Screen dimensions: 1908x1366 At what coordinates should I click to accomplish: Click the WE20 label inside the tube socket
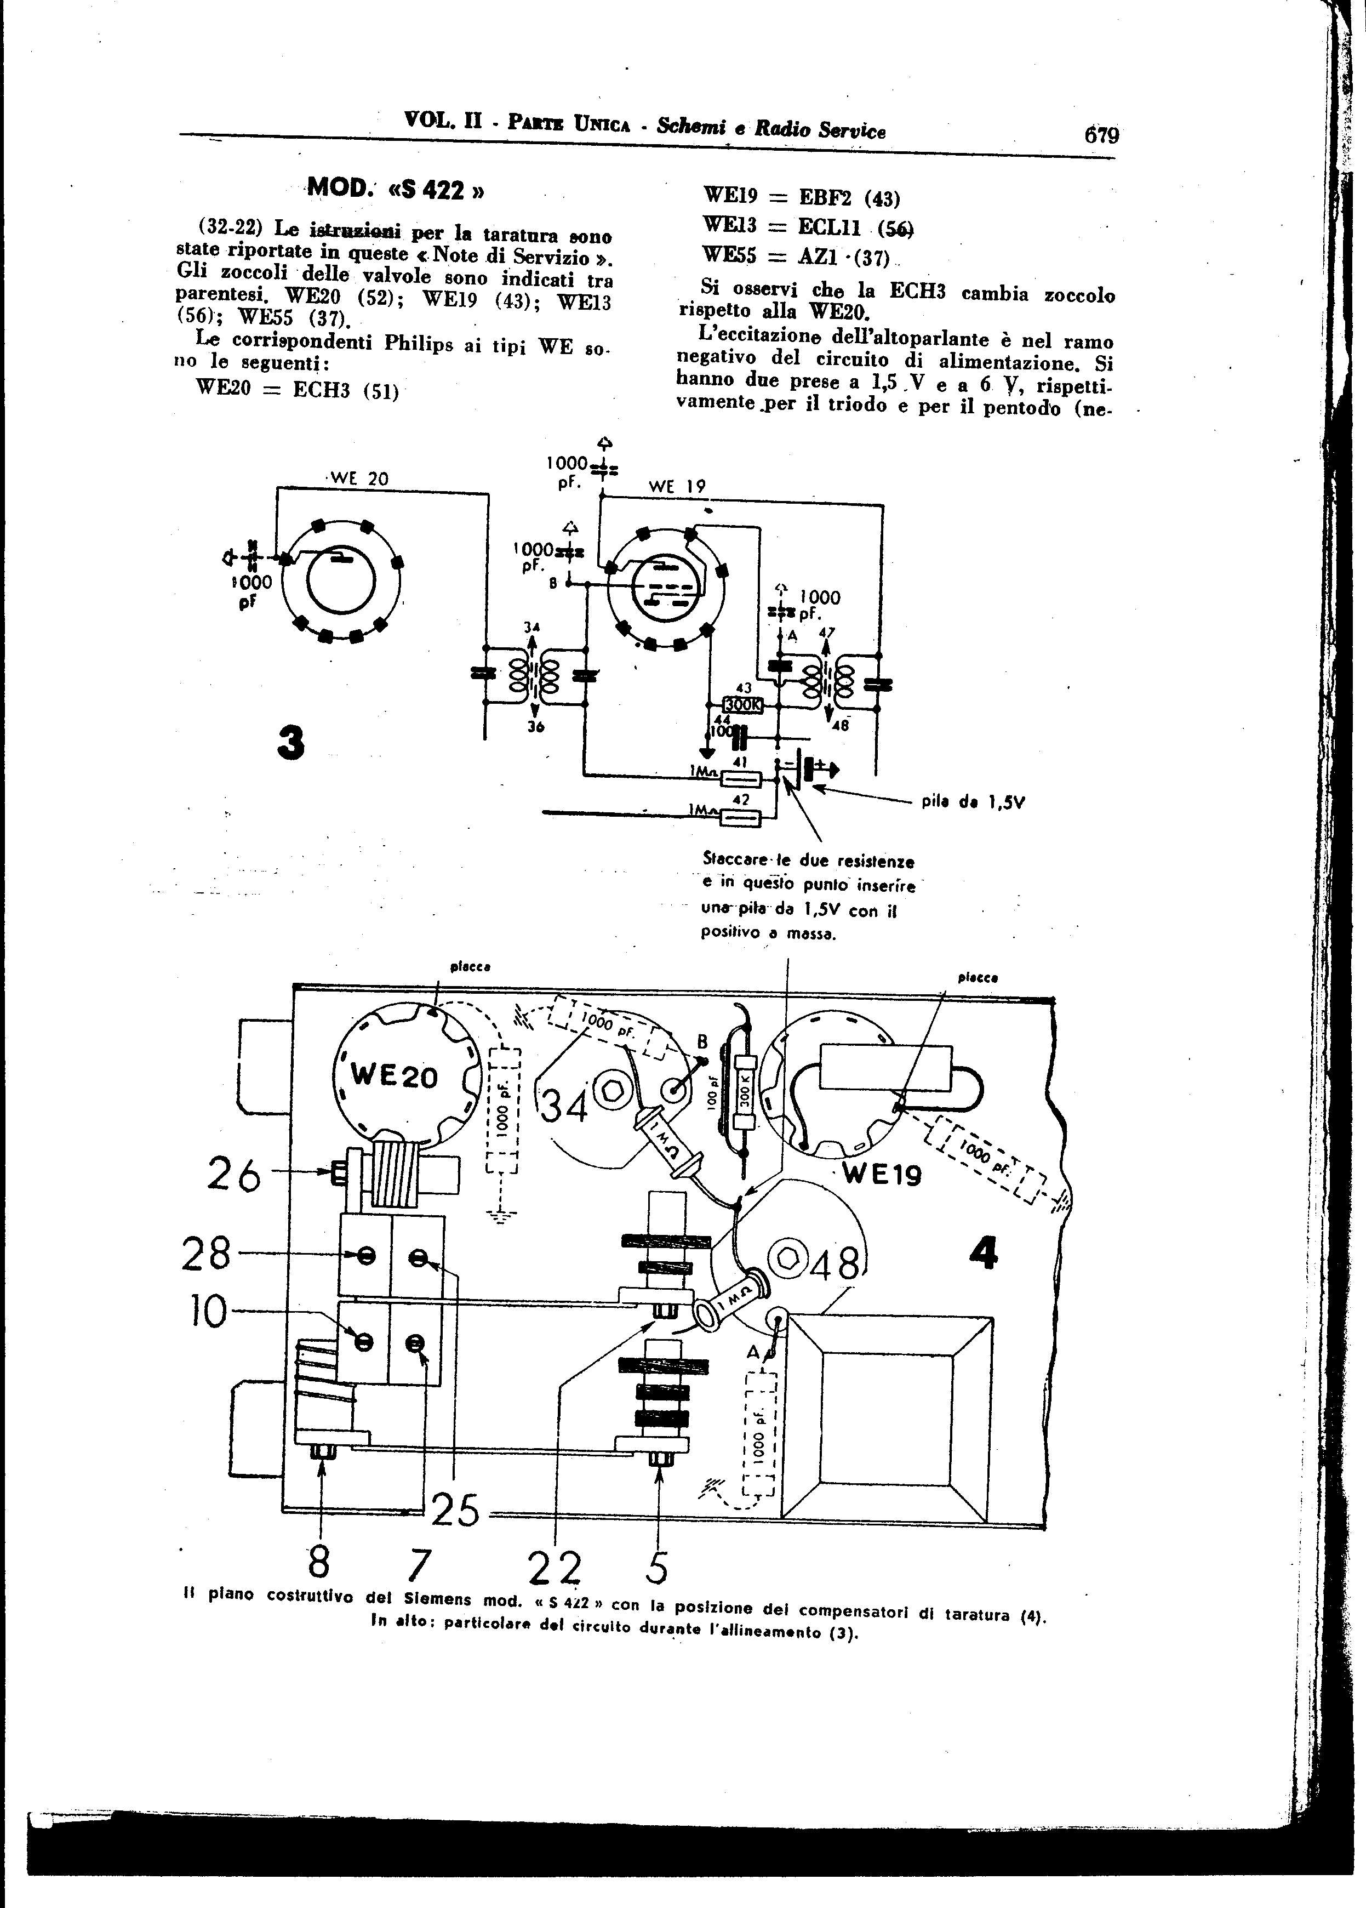(395, 1076)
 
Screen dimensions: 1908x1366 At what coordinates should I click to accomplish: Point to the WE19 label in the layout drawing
(882, 1174)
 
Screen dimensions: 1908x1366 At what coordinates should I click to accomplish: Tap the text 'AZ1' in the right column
(813, 258)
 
